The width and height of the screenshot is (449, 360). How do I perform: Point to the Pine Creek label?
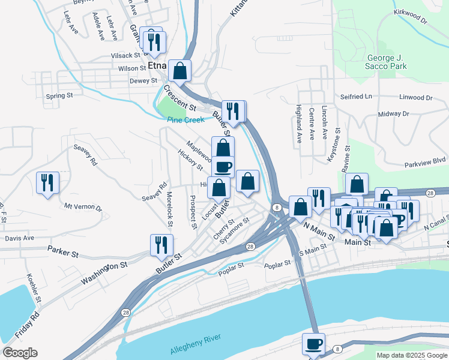185,120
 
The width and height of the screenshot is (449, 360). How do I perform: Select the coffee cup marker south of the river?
313,344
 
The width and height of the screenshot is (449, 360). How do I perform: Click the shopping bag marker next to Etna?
179,71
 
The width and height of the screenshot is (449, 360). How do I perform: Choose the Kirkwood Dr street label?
411,16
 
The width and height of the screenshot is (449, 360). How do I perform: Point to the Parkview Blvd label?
425,161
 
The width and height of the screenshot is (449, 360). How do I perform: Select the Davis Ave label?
19,238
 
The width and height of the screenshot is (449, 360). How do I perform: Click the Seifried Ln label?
356,96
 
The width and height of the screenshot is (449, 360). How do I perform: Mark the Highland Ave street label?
298,124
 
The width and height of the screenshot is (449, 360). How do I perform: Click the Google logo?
20,353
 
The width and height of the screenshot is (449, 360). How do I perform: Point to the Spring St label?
59,95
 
